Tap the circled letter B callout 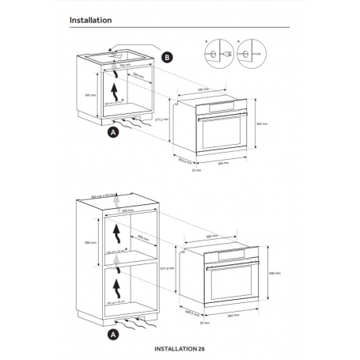166,57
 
